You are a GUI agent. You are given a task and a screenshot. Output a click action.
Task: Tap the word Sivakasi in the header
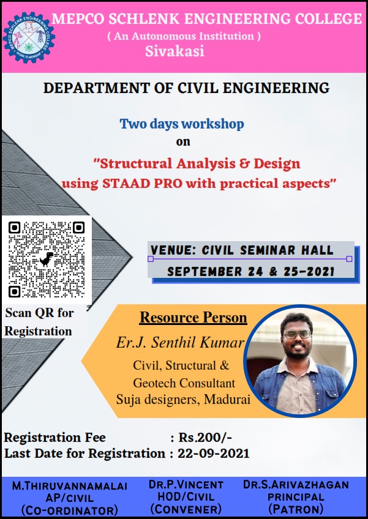coord(175,52)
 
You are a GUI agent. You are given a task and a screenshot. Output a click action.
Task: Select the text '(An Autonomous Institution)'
coord(184,36)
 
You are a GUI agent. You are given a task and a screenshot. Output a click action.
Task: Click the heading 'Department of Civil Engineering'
coord(186,88)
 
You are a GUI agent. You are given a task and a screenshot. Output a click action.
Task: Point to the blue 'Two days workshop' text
coord(182,124)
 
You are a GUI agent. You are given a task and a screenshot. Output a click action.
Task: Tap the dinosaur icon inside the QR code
coord(47,259)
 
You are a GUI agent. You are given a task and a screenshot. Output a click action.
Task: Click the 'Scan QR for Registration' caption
coord(39,322)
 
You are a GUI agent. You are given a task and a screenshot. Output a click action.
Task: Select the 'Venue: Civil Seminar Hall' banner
coord(242,250)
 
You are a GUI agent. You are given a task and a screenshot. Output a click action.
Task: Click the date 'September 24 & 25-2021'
coord(250,271)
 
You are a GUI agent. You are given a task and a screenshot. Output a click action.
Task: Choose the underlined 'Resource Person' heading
coord(193,318)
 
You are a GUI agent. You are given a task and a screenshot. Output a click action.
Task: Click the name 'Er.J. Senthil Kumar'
coord(180,342)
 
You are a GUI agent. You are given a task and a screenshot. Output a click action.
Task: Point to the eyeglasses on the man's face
coord(297,334)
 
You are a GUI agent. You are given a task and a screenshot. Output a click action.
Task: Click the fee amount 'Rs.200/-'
coord(205,438)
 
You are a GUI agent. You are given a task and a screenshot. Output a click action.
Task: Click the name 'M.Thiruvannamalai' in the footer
coord(69,486)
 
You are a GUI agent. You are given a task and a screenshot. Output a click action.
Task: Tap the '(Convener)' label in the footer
coord(186,509)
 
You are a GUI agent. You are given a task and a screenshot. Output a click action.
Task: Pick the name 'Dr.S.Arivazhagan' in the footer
coord(296,485)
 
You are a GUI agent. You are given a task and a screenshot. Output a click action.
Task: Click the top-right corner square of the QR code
coord(78,228)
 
